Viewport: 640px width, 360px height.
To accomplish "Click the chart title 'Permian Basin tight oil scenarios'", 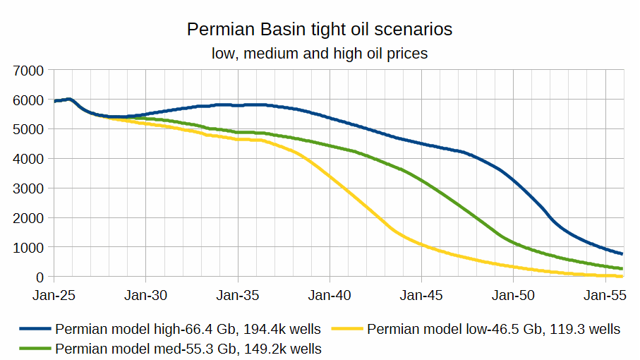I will [x=320, y=30].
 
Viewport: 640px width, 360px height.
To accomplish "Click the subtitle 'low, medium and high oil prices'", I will [x=320, y=53].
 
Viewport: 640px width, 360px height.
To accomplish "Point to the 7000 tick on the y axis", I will [x=30, y=71].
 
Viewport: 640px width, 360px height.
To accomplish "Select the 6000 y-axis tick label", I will [x=30, y=100].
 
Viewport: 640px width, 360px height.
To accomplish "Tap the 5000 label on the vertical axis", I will [x=30, y=129].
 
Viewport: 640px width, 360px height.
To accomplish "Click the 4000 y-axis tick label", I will [x=30, y=159].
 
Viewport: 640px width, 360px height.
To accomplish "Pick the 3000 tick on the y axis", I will [x=30, y=188].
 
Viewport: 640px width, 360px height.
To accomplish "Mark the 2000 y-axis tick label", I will [x=30, y=218].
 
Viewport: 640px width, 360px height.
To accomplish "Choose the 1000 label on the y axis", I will [x=30, y=248].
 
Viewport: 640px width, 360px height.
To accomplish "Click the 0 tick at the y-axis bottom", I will [x=40, y=277].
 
